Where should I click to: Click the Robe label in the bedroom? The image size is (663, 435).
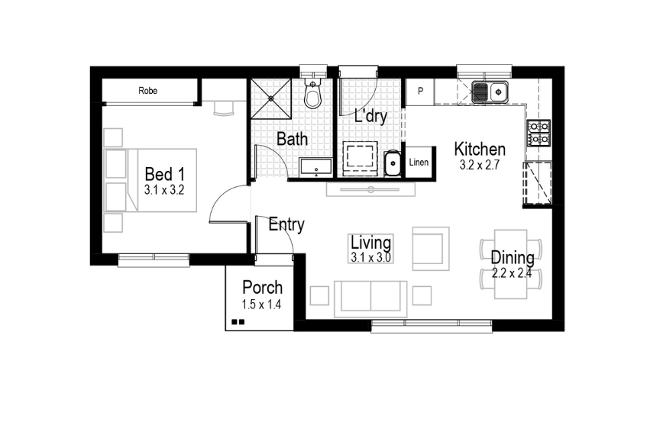coord(148,91)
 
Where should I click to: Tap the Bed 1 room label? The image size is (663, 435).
coord(165,176)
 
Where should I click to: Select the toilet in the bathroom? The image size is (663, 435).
coord(312,95)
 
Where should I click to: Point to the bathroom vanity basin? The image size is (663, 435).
coord(315,166)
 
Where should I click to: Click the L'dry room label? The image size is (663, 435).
coord(371,117)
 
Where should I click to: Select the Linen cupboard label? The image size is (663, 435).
coord(419,163)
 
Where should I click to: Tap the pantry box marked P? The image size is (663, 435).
coord(419,92)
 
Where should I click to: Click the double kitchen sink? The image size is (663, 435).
coord(490,92)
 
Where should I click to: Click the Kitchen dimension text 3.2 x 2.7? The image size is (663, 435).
coord(479,165)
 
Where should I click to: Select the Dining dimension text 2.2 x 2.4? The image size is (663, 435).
coord(512,273)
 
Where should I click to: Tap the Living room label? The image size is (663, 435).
coord(371,243)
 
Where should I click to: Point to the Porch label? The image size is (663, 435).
coord(262,288)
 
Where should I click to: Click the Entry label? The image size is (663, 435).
coord(286,224)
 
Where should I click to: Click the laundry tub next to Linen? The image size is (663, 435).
coord(392,163)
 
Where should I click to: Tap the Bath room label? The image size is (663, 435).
coord(292,140)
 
